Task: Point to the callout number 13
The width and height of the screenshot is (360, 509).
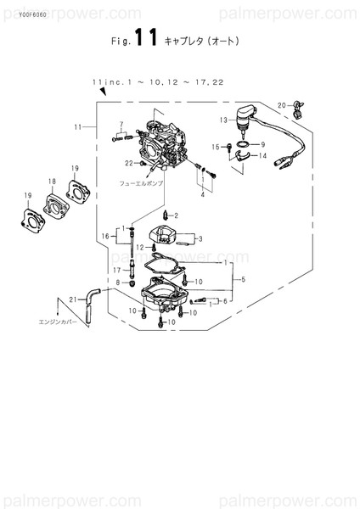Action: point(223,120)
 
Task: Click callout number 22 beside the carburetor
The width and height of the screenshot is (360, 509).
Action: point(129,163)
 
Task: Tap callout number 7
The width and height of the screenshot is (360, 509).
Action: point(121,125)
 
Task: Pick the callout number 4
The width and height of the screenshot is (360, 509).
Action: point(202,194)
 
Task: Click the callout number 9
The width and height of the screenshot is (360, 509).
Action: point(263,143)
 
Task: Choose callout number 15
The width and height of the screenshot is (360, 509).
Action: point(217,147)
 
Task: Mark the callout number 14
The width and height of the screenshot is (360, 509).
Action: point(263,156)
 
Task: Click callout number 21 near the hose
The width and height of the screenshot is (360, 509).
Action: point(73,298)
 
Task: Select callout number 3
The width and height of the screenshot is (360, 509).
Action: point(200,238)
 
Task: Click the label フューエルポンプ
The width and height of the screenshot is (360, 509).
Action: point(141,182)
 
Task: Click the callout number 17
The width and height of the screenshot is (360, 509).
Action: point(119,270)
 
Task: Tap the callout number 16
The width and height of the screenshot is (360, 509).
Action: point(106,235)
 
